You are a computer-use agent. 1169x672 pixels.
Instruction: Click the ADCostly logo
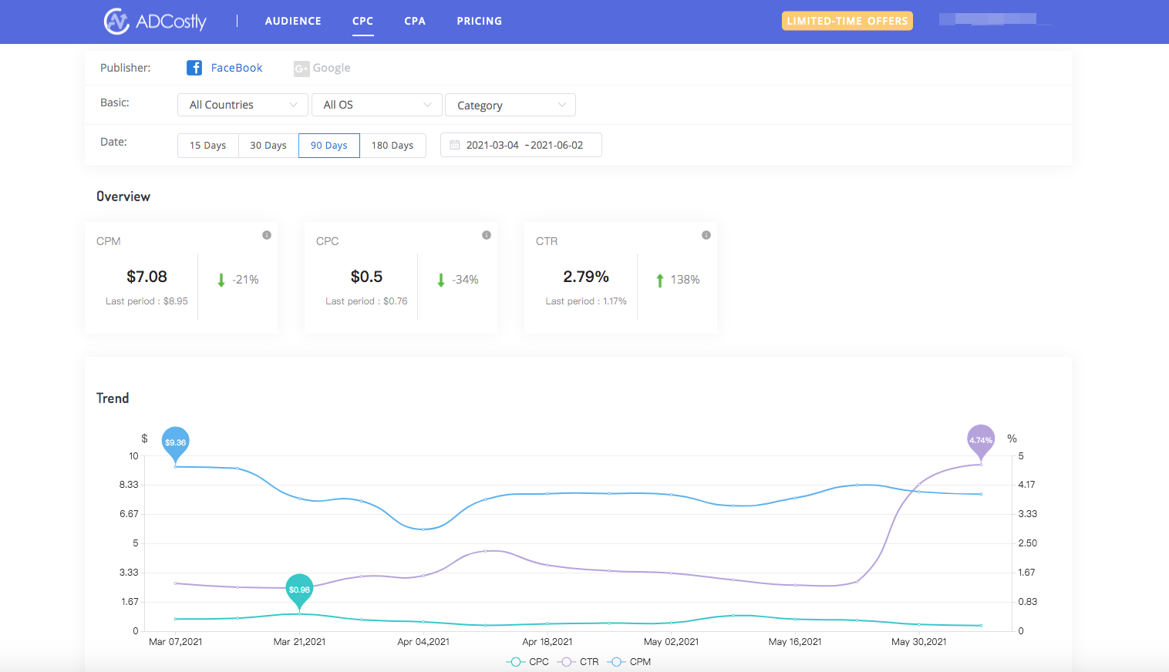pos(155,21)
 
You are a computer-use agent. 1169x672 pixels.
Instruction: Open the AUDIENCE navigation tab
pos(293,21)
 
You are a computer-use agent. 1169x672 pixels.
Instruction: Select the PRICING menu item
pos(479,21)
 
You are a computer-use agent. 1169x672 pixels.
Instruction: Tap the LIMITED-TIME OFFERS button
pos(847,21)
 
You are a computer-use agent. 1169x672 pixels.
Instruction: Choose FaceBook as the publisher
pos(225,68)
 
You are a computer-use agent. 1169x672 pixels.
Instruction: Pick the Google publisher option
pos(322,68)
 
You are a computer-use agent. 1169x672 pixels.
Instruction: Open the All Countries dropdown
pos(242,105)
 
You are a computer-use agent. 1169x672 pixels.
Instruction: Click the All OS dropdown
pos(376,105)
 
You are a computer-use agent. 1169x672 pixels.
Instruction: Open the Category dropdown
pos(510,105)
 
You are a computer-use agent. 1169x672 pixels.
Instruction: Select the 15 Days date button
pos(207,146)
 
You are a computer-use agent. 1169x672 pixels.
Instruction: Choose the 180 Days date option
pos(392,146)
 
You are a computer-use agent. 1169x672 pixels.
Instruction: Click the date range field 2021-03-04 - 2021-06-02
pos(521,145)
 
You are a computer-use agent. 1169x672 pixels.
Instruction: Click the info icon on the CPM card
pos(267,235)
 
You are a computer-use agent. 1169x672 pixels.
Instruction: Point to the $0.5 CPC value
pos(366,277)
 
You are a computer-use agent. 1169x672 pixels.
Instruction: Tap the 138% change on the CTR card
pos(684,280)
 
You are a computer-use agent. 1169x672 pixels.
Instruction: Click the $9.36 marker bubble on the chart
pos(176,442)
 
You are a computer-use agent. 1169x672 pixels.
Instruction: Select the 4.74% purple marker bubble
pos(981,440)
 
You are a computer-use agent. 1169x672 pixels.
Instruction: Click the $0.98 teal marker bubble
pos(299,590)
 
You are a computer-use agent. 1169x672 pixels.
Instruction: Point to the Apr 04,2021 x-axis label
pos(423,642)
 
